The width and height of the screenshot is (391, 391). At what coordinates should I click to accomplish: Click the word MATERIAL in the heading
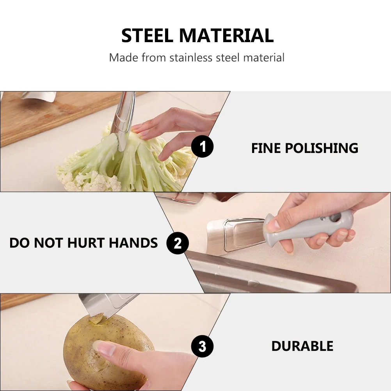(x=226, y=36)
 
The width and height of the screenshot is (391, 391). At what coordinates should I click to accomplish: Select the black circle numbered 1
(x=202, y=148)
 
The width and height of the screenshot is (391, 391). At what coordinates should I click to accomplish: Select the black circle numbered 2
(x=178, y=243)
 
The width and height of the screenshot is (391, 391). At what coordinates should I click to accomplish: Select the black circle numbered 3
(x=202, y=346)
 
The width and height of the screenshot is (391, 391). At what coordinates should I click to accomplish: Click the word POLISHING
(x=321, y=148)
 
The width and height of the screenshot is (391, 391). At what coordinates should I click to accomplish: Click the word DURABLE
(x=302, y=346)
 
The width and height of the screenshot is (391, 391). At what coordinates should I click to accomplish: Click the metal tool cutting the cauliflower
(x=123, y=117)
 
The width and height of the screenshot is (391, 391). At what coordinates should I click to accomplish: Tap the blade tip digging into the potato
(x=96, y=318)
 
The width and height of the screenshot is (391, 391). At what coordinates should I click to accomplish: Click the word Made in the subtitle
(x=123, y=58)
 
